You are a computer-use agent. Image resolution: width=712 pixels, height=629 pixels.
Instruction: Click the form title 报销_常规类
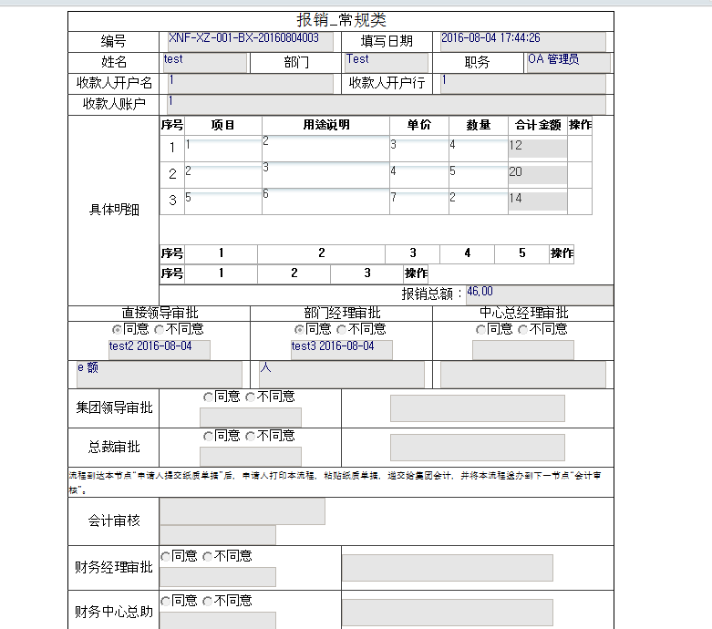(341, 21)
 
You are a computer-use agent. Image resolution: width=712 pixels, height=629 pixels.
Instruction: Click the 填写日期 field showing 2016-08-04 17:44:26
(522, 41)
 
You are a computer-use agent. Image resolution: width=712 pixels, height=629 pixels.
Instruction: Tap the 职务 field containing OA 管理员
(567, 62)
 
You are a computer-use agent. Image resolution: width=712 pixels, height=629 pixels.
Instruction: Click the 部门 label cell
(296, 63)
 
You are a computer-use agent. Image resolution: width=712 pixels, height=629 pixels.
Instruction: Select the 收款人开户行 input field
(522, 83)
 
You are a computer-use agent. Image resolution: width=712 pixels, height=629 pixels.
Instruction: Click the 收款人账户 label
(114, 104)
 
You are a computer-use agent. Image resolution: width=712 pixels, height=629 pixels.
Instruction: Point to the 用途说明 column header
(325, 125)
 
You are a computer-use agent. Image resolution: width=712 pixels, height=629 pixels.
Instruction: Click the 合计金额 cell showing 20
(537, 173)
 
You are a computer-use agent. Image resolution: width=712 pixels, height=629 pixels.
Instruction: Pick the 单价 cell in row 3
(418, 201)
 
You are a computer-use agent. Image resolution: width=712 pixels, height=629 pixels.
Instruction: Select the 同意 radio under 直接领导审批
(117, 329)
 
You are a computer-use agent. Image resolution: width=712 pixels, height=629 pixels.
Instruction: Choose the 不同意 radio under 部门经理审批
(341, 329)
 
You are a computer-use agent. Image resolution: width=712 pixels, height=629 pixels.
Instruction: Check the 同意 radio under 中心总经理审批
(481, 329)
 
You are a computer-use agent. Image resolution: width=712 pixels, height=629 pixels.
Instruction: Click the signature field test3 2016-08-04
(341, 349)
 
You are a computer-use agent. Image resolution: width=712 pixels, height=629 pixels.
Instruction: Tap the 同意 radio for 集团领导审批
(208, 397)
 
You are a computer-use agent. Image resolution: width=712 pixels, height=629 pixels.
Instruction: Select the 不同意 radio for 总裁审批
(250, 437)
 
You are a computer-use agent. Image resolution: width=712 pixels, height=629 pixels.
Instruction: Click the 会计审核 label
(114, 521)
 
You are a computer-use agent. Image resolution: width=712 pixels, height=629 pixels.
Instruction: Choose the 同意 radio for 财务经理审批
(165, 556)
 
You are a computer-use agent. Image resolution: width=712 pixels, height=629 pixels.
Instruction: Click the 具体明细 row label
(114, 210)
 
